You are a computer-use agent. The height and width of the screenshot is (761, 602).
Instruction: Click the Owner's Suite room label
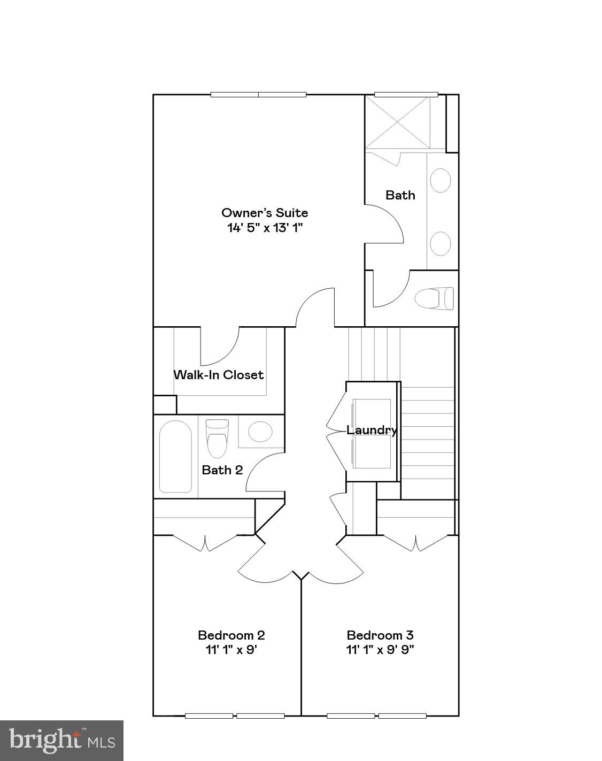265,212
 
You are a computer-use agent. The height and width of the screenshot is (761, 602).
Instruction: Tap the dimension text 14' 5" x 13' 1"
265,227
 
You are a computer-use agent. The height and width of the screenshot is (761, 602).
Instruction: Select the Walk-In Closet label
219,375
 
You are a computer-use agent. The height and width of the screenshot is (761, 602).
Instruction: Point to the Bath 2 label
222,470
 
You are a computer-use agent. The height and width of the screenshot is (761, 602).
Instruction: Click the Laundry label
372,430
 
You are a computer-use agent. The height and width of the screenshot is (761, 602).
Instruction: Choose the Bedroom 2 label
231,635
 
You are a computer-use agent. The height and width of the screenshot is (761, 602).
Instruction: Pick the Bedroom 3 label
380,635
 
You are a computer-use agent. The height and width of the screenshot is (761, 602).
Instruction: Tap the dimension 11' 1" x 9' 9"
380,650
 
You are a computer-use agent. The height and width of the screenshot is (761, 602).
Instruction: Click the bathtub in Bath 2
175,456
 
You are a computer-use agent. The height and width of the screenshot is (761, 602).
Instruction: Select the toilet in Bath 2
217,438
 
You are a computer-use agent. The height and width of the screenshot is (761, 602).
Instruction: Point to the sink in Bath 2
260,432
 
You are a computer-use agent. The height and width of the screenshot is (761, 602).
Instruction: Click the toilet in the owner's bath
434,298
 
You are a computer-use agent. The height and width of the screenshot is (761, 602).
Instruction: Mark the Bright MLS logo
62,741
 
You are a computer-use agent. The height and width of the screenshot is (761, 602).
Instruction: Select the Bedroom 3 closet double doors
416,542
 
